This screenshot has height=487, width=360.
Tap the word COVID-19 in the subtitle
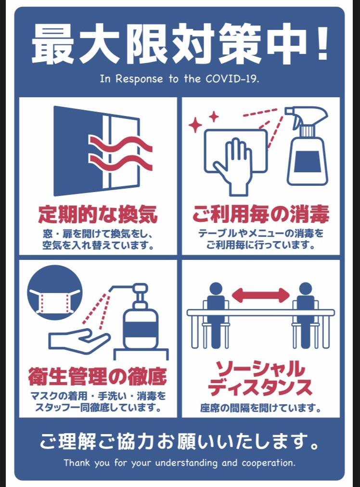coord(232,79)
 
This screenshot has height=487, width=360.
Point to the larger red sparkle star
coord(195,125)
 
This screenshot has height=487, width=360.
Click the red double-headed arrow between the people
coord(260,295)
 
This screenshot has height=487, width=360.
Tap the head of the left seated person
coord(216,289)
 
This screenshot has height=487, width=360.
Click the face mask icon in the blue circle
coord(55,301)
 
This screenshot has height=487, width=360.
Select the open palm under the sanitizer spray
coord(79,340)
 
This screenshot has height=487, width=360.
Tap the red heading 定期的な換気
coord(98,214)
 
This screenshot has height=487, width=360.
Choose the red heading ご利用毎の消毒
coord(260,214)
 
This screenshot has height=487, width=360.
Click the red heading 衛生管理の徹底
coord(98,376)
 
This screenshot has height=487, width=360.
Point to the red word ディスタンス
coord(260,387)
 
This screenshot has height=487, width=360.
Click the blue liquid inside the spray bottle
coord(307,162)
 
